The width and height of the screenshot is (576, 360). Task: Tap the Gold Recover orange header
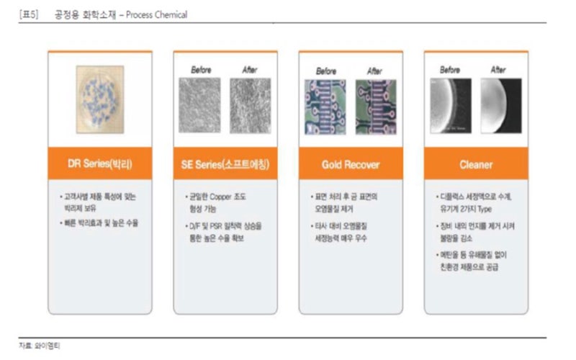(x=351, y=164)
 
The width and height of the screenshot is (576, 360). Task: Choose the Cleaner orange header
(x=476, y=164)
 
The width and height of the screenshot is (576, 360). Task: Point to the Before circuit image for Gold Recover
(x=325, y=107)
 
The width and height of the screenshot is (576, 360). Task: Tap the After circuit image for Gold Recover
(x=375, y=107)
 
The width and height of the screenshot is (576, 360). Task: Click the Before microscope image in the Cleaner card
(x=451, y=106)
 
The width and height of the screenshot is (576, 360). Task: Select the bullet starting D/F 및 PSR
(x=225, y=232)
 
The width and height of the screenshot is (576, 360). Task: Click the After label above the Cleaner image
(x=498, y=70)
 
